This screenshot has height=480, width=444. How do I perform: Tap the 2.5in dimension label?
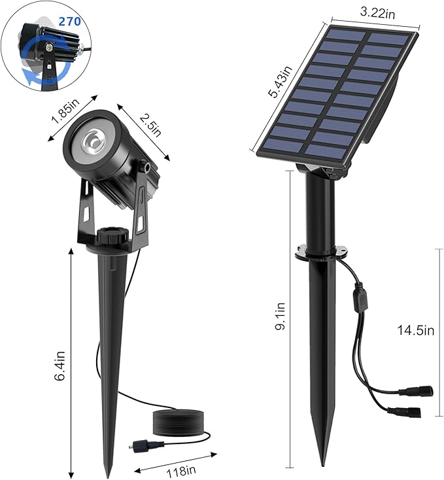pyautogui.click(x=150, y=122)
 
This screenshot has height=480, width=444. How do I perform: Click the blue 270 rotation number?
pyautogui.click(x=69, y=22)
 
